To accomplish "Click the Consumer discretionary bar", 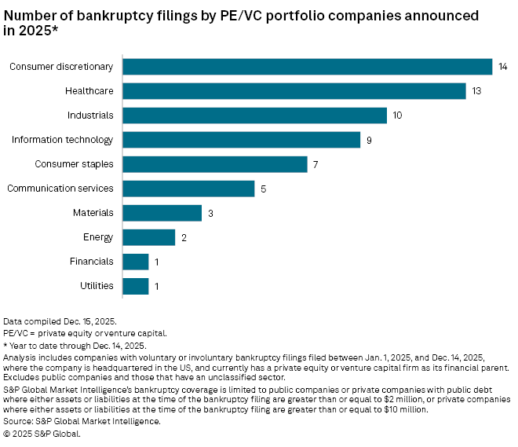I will click(308, 67).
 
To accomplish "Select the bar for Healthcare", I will click(294, 91).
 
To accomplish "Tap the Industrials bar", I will click(255, 115).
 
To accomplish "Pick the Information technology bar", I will click(242, 140).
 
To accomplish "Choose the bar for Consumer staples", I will click(215, 164).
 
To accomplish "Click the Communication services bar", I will click(189, 189).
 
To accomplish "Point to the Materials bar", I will click(162, 213).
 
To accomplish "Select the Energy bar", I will click(149, 237).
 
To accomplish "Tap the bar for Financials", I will click(136, 262).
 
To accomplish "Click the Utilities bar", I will click(136, 286).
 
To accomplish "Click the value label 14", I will click(503, 67).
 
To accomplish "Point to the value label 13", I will click(476, 91).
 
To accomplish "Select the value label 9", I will click(368, 140).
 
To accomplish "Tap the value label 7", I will click(315, 164).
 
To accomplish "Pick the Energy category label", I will click(98, 237).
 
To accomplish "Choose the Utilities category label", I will click(97, 286).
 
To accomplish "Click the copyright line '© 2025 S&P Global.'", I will click(42, 433).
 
